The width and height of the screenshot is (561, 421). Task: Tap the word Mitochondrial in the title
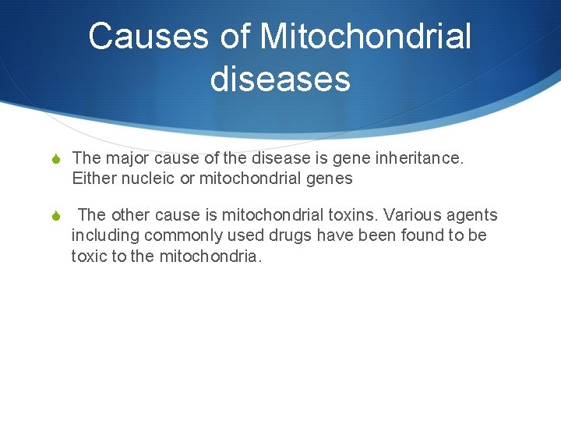pos(365,37)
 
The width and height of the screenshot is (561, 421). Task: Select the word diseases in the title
pos(280,78)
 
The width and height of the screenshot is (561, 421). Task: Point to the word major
pos(129,159)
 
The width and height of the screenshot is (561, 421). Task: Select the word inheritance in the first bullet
pos(421,159)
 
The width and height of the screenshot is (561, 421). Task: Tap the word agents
pos(471,215)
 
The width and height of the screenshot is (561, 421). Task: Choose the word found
pos(422,235)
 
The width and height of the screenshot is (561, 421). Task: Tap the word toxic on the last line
pos(89,256)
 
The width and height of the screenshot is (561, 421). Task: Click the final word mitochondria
pos(210,256)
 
